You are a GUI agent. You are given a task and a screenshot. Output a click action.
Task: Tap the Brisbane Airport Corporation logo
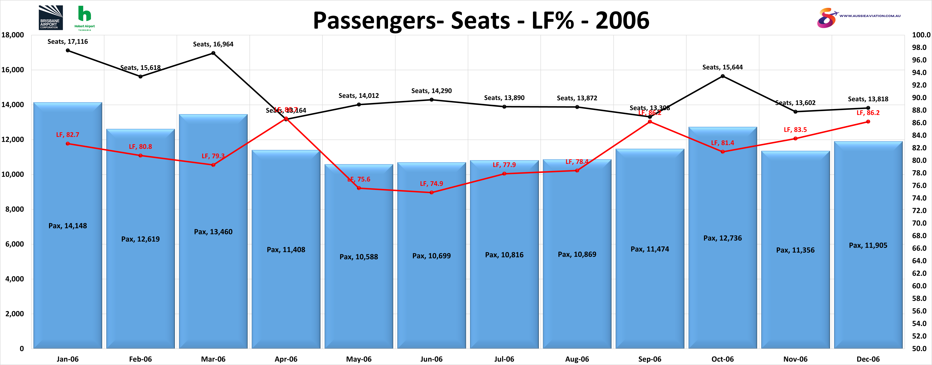pyautogui.click(x=51, y=17)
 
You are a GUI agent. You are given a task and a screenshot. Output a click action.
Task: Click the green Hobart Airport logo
pyautogui.click(x=85, y=18)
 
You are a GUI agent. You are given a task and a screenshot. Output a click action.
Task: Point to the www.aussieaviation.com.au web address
pyautogui.click(x=870, y=16)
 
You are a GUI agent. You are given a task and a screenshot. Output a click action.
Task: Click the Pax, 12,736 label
pyautogui.click(x=723, y=238)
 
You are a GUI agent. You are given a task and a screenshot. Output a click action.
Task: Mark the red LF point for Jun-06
pyautogui.click(x=432, y=192)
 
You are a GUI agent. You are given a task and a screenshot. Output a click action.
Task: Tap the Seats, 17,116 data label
pyautogui.click(x=68, y=42)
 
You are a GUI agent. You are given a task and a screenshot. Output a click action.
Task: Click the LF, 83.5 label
pyautogui.click(x=795, y=129)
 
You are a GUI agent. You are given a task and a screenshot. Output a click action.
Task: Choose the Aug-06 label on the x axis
pyautogui.click(x=577, y=359)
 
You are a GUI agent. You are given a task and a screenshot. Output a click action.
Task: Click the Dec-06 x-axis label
pyautogui.click(x=868, y=359)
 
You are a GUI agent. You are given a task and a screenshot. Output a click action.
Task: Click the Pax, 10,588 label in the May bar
pyautogui.click(x=359, y=257)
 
